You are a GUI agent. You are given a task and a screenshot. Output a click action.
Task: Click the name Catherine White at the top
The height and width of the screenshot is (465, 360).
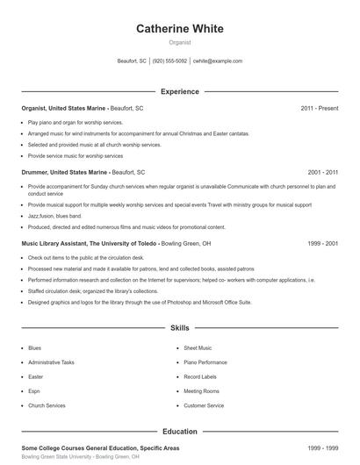coord(179,28)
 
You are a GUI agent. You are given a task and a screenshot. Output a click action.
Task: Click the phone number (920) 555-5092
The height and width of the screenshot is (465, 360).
coord(169,61)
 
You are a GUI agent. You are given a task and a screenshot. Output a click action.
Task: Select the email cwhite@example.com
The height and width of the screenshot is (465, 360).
coord(218,61)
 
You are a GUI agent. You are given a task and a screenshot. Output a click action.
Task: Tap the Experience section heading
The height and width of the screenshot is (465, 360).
coord(179,91)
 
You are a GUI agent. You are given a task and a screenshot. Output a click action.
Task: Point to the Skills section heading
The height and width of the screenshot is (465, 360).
coord(179,328)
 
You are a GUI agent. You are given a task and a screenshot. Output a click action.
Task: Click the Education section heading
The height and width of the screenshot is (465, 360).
coord(179,432)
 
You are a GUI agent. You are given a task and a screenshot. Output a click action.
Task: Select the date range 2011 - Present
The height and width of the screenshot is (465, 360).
coord(320,108)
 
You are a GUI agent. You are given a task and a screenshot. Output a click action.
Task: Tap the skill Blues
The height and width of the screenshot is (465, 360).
coord(34,348)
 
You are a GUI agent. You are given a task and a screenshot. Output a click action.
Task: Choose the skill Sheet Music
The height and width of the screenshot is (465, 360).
coord(198,348)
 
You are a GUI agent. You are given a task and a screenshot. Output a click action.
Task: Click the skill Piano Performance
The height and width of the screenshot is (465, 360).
coord(204,362)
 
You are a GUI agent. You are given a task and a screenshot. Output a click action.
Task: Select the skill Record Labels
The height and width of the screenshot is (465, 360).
coord(199,377)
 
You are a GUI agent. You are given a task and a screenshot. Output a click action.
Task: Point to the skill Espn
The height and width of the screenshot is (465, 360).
coord(34,391)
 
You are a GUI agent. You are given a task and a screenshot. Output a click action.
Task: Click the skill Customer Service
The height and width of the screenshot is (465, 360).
coord(204,406)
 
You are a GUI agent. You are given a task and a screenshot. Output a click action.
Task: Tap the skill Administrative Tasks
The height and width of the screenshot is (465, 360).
coord(51,362)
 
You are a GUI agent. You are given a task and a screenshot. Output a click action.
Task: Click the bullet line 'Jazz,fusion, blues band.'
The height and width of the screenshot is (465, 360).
coord(54,215)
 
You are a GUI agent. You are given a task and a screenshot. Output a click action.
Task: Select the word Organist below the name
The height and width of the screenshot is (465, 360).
coord(179,42)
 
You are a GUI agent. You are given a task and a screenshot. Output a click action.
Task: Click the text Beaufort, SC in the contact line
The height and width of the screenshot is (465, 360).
coord(132,61)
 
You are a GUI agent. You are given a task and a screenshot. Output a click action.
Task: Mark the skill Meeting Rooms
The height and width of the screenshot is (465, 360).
coord(200,391)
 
